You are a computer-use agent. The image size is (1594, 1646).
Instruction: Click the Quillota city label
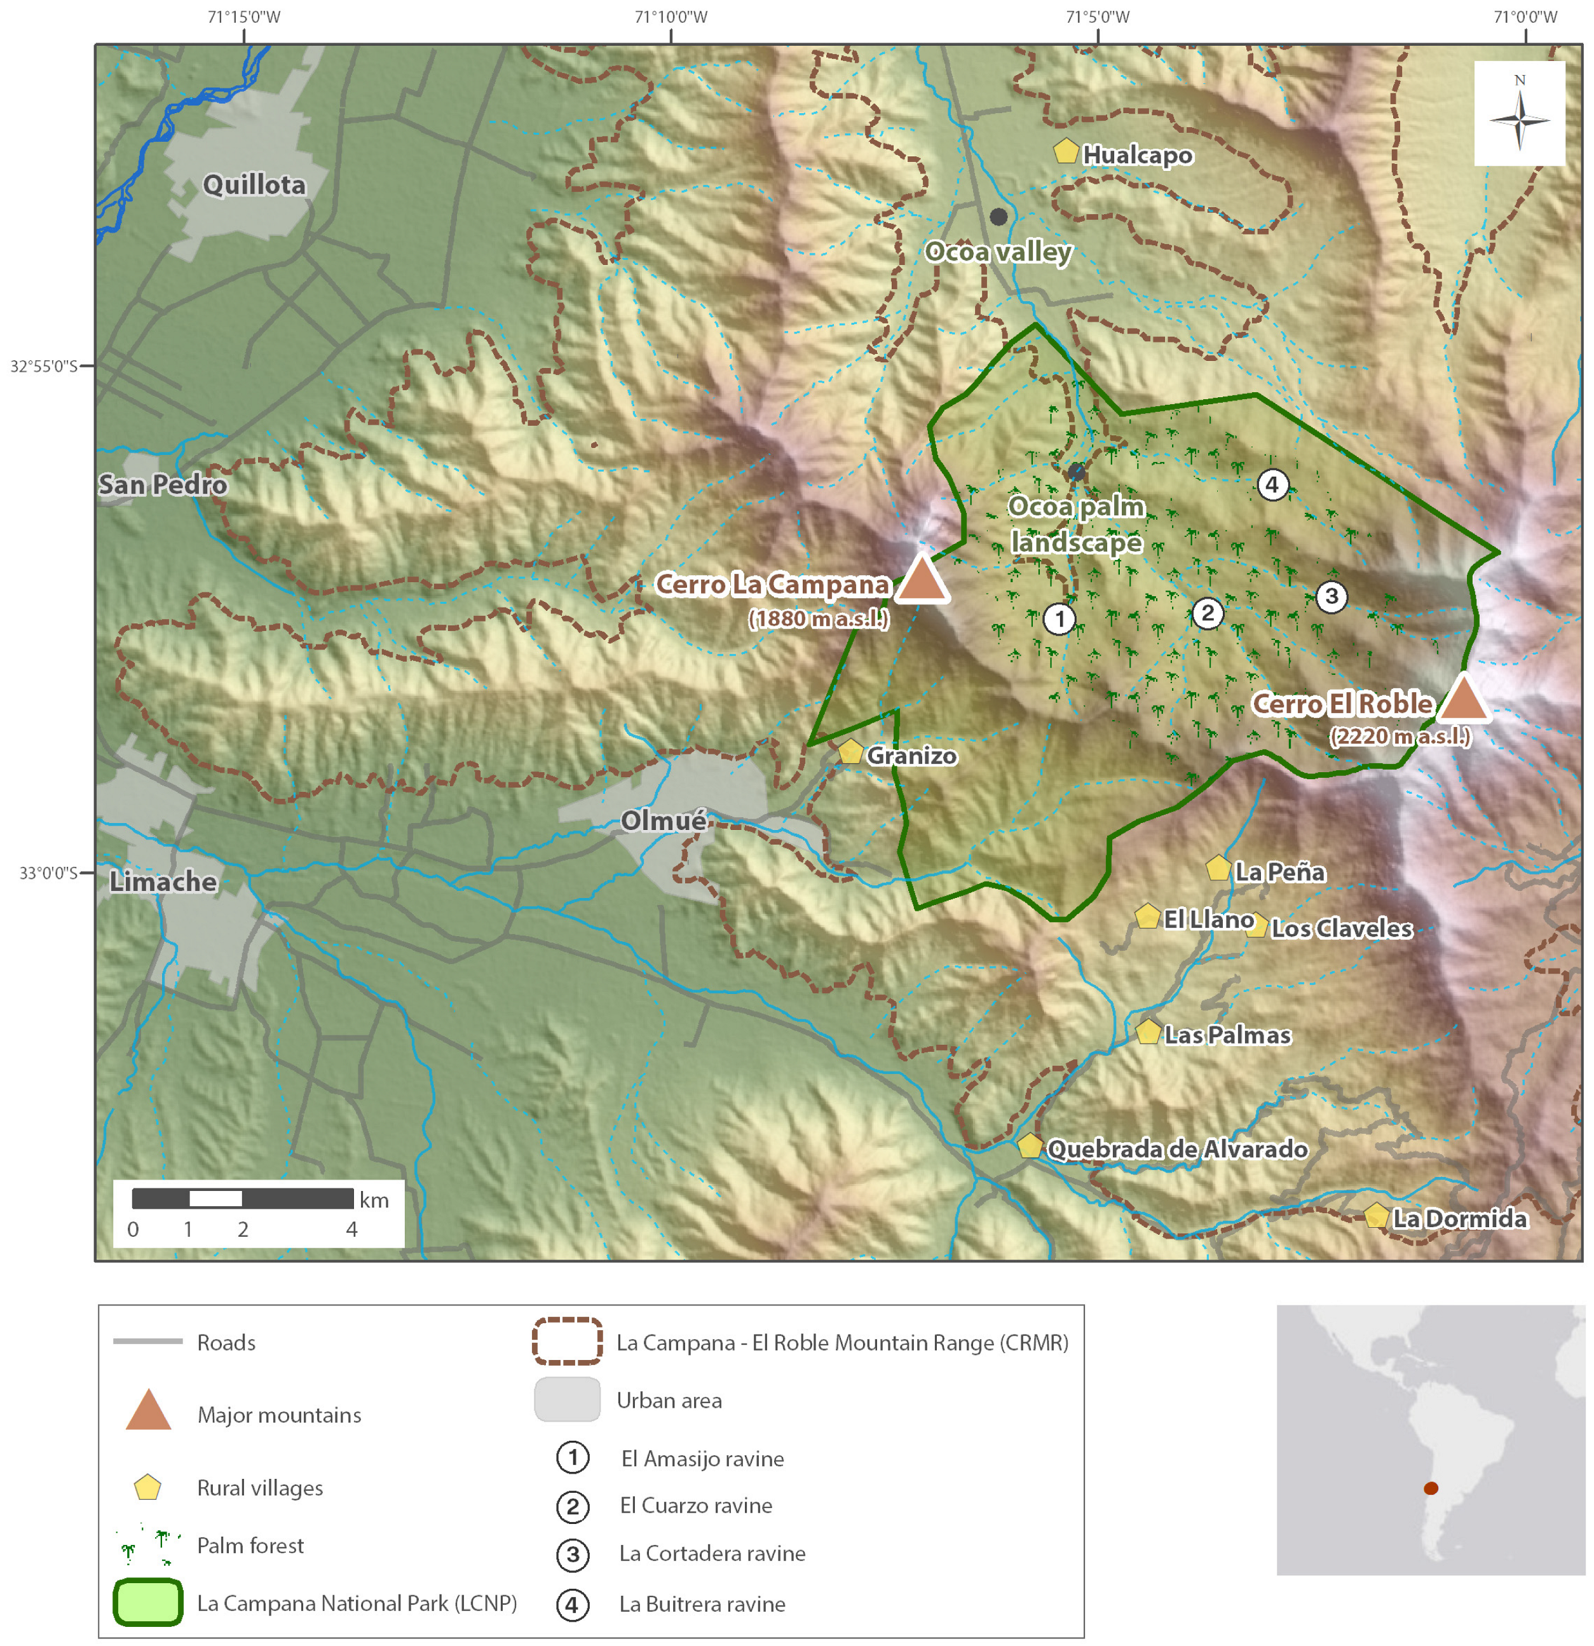[254, 185]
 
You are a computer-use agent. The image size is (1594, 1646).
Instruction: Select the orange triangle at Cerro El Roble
[1462, 700]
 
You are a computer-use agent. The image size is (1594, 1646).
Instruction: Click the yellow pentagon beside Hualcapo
[1065, 152]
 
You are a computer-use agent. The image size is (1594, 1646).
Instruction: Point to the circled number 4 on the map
[1272, 484]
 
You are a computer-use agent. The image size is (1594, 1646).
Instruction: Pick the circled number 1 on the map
[1059, 620]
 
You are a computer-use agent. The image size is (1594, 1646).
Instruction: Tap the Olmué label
[663, 820]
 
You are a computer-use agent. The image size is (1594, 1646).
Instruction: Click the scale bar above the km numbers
[242, 1199]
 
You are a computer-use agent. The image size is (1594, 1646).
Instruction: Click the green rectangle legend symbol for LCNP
[148, 1602]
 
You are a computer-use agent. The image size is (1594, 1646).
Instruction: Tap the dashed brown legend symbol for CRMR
[567, 1341]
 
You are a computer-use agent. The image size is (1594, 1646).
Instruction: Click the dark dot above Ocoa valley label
[998, 217]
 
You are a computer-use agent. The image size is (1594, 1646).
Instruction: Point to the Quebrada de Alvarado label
[1176, 1149]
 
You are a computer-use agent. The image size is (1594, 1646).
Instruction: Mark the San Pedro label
[162, 484]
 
